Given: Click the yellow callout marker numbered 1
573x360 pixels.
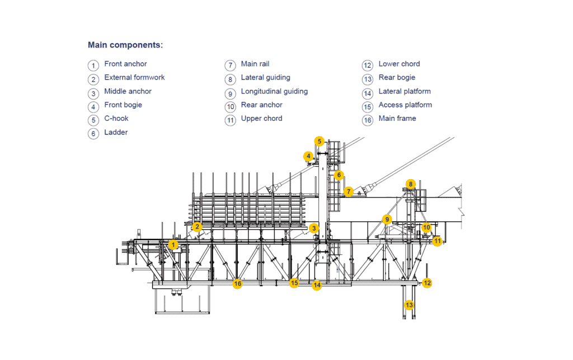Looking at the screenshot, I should click(173, 245).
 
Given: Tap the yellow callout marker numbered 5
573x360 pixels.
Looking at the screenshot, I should click(319, 141).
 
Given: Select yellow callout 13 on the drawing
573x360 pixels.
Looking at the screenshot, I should click(410, 305).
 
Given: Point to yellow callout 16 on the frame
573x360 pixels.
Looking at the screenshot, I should click(237, 284).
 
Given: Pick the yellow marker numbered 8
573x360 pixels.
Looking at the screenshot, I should click(410, 184).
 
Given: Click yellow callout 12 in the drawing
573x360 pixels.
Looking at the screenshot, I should click(427, 283).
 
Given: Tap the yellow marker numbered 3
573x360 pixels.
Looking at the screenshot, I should click(314, 228).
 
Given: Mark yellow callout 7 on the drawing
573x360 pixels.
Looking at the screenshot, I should click(348, 191).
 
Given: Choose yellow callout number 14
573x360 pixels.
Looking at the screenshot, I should click(317, 285).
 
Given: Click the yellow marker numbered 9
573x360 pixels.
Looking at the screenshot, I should click(386, 219).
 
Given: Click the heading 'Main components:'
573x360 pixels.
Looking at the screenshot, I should click(125, 45).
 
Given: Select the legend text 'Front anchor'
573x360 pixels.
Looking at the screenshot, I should click(125, 64).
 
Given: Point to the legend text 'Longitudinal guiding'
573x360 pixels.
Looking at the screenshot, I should click(274, 91).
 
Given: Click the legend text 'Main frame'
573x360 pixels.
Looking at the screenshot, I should click(397, 118).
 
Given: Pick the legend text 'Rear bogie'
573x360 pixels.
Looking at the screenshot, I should click(397, 77).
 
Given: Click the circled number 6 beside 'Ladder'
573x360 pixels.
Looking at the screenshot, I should click(93, 134).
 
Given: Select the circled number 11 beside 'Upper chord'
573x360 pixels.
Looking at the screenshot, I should click(230, 120).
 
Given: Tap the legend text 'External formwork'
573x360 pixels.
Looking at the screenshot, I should click(134, 77).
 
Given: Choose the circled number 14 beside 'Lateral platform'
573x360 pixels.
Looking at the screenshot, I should click(368, 93).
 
